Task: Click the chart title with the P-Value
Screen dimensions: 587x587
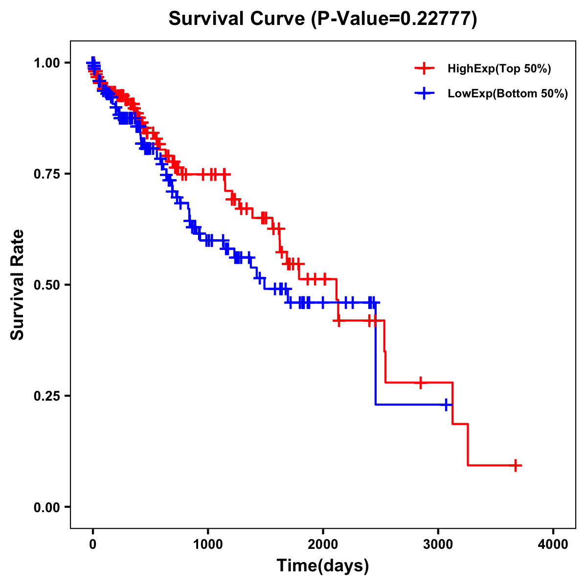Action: click(323, 19)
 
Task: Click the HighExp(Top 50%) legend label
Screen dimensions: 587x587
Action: click(499, 69)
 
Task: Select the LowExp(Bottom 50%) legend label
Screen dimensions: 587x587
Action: click(507, 94)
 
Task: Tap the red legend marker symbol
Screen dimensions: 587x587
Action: click(424, 69)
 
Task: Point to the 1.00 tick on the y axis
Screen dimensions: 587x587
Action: click(48, 63)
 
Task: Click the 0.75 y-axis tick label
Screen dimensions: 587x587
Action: click(48, 174)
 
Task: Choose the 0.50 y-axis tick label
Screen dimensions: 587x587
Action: click(48, 285)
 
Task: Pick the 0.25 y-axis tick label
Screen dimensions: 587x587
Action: click(48, 396)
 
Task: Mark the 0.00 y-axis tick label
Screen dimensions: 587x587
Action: click(48, 507)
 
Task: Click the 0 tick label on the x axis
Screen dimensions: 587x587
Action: click(93, 544)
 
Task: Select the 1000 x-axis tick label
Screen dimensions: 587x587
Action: click(208, 544)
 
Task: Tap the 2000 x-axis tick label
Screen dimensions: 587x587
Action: click(323, 544)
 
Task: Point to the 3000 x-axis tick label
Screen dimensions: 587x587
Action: click(438, 544)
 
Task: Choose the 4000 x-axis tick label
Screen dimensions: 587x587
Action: click(553, 544)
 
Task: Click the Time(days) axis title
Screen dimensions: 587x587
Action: click(323, 566)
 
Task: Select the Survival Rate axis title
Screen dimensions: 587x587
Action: click(18, 285)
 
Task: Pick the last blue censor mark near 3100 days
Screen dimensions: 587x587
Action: click(446, 405)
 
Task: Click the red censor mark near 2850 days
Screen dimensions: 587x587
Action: click(420, 383)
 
